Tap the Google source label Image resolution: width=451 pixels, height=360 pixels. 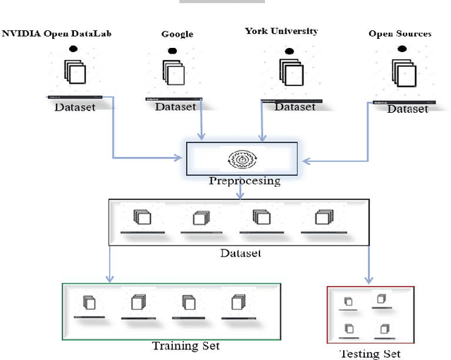(x=177, y=33)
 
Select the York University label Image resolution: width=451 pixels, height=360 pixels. (x=281, y=31)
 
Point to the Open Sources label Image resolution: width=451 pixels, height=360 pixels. (x=400, y=33)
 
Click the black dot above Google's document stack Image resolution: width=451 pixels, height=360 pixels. (x=171, y=51)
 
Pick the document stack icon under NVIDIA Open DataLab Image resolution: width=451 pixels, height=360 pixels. (x=75, y=73)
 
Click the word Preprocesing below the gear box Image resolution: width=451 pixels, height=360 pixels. (x=244, y=181)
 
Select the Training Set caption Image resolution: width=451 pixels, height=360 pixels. (x=186, y=345)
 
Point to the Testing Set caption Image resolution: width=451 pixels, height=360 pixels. (x=370, y=353)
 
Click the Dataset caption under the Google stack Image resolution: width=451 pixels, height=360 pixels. (x=175, y=107)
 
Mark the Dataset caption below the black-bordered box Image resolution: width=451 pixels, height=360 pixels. (x=242, y=252)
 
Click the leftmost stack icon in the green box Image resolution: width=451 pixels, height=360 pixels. (x=89, y=303)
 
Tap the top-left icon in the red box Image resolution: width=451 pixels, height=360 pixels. (x=348, y=302)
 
